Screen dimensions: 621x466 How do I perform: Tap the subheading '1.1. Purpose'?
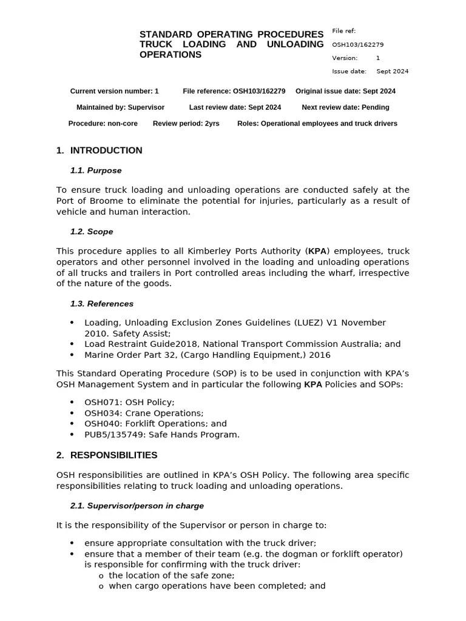(96, 170)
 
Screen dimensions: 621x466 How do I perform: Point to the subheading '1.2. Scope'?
(92, 232)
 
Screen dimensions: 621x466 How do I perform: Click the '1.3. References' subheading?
(102, 304)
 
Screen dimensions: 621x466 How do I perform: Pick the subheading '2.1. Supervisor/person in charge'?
(137, 506)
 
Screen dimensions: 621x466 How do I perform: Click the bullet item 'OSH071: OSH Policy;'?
(129, 402)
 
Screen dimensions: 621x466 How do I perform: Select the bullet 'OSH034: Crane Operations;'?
(144, 413)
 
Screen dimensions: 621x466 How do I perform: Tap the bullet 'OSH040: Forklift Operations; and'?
(155, 424)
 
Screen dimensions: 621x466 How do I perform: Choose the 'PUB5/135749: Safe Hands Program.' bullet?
(162, 435)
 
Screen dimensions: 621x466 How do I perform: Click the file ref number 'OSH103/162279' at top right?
(357, 45)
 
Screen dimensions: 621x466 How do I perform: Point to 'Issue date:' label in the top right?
(349, 72)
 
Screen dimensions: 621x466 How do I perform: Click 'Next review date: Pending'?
(345, 107)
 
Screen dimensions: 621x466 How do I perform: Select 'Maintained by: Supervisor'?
(120, 107)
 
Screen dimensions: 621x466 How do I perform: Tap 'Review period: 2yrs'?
(186, 124)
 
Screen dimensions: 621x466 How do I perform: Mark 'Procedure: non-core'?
(103, 124)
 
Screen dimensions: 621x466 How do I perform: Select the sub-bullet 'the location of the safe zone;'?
(171, 576)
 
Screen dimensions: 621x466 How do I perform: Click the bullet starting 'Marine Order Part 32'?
(207, 355)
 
